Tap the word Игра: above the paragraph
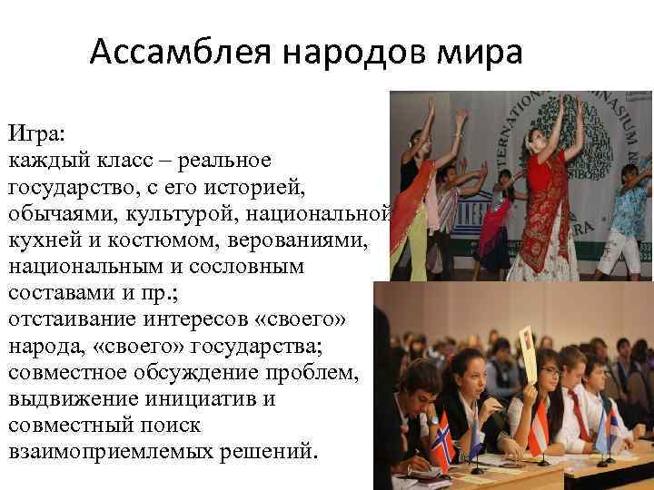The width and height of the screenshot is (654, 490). [36, 135]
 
